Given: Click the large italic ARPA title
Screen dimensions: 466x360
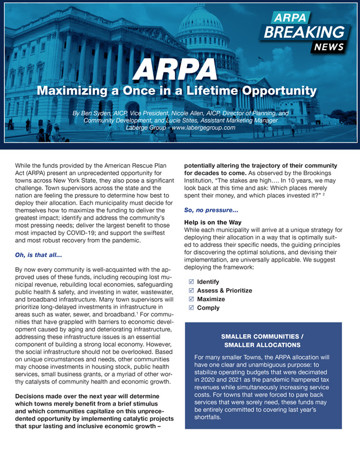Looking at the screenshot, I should pos(179,69).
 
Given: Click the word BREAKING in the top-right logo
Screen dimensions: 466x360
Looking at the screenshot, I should pos(306,33).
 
